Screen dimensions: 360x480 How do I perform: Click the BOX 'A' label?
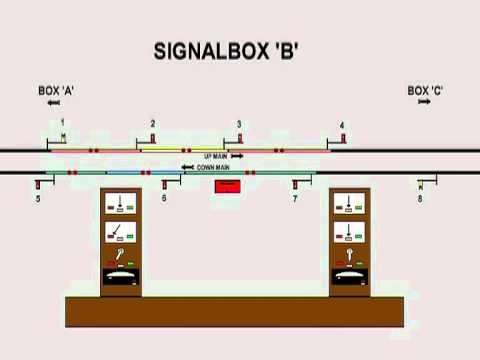point(56,91)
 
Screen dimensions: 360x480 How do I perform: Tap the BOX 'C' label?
point(425,91)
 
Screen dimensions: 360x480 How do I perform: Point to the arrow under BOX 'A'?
point(53,103)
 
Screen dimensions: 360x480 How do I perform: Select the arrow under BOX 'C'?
point(424,103)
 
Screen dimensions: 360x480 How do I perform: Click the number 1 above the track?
point(62,122)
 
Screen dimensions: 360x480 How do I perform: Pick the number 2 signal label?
point(152,123)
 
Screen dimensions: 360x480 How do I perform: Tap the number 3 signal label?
point(239,124)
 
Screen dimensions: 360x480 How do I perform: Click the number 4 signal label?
point(342,125)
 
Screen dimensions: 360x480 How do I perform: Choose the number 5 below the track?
point(38,199)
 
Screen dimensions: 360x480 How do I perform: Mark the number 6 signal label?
point(164,199)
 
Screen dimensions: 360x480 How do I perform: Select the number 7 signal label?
point(295,199)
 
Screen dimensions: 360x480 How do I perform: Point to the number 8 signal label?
point(420,199)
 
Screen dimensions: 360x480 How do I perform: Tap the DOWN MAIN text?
point(213,167)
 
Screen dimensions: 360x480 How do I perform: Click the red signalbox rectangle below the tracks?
point(228,186)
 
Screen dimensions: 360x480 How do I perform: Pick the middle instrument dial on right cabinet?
point(351,235)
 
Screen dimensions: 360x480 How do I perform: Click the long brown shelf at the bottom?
point(236,311)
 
